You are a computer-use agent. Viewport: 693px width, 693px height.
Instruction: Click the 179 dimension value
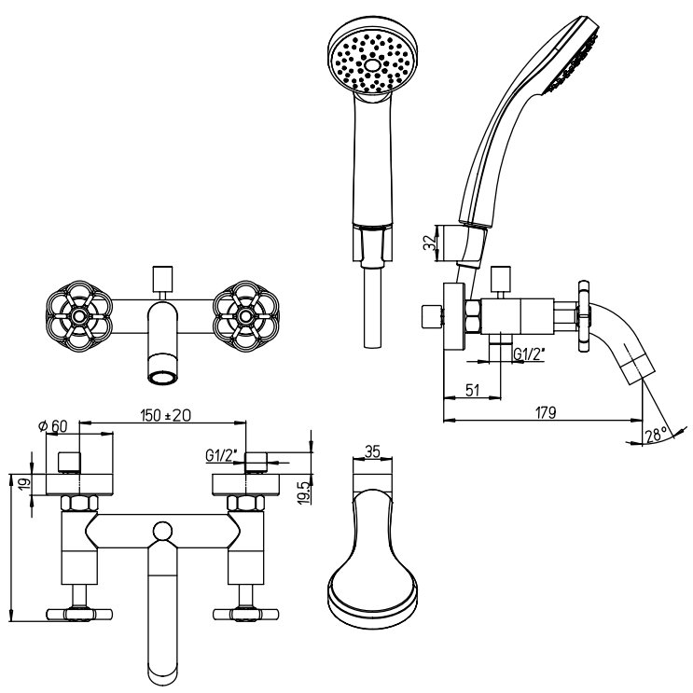[x=546, y=413]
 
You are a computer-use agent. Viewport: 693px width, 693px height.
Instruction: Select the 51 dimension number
[x=473, y=390]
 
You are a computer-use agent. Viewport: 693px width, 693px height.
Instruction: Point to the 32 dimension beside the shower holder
[x=429, y=243]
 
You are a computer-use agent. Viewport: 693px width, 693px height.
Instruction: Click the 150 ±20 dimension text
[x=165, y=415]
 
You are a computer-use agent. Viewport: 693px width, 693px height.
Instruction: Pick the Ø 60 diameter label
[x=52, y=426]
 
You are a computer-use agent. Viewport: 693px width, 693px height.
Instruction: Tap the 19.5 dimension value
[x=305, y=492]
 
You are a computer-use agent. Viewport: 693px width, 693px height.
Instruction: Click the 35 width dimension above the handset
[x=372, y=451]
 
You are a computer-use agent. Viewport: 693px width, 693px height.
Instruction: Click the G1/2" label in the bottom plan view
[x=221, y=455]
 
